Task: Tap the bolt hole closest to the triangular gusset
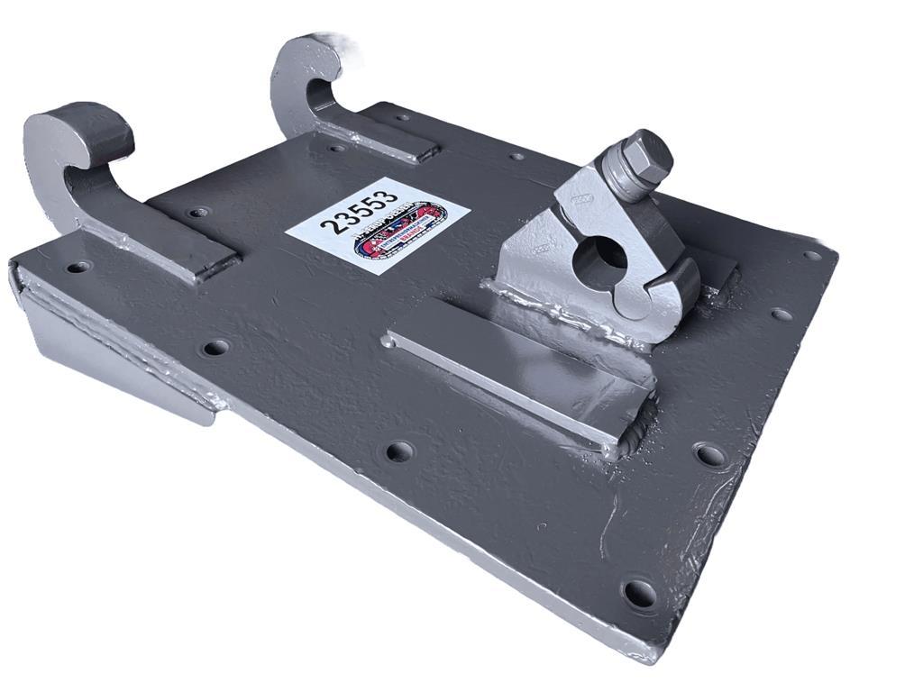(x=215, y=348)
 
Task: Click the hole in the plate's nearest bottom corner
(x=639, y=593)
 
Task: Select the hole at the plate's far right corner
(x=812, y=255)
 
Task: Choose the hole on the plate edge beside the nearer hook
(x=78, y=267)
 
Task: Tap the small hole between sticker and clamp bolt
(x=516, y=157)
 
